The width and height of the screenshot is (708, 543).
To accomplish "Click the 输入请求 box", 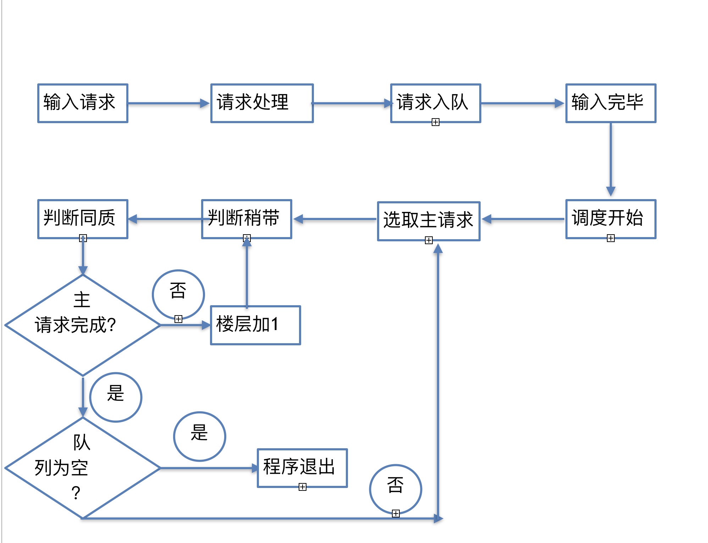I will pos(83,103).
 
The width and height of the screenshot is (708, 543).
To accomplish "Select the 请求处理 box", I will pos(262,103).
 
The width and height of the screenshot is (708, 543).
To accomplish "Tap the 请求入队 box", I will pos(436,103).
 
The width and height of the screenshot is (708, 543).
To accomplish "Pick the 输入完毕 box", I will pos(611,103).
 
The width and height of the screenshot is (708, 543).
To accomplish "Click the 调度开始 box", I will pos(611,219).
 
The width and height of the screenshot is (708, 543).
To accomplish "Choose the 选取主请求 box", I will pos(429,221).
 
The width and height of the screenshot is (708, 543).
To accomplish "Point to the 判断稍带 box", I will pos(247,219).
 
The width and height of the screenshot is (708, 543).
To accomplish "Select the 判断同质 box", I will pos(83,219).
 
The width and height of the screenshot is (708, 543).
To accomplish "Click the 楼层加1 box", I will pos(255,325).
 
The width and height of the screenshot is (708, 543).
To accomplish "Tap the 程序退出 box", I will pos(302,468).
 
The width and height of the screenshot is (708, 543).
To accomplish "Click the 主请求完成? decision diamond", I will pos(83,325).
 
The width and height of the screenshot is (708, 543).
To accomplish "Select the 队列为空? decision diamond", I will pos(83,468).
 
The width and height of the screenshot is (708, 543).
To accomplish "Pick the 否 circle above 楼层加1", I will pos(178,294).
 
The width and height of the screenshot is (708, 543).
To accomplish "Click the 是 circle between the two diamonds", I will pos(116,397).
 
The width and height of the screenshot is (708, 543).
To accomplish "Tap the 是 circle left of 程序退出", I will pos(200,436).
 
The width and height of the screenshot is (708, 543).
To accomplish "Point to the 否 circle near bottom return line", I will pos(396,489).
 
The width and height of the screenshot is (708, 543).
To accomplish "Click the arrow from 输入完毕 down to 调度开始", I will pos(610,160).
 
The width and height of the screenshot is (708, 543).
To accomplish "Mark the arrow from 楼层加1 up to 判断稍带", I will pos(247,273).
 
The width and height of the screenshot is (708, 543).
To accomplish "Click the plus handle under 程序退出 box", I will pos(303,487).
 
